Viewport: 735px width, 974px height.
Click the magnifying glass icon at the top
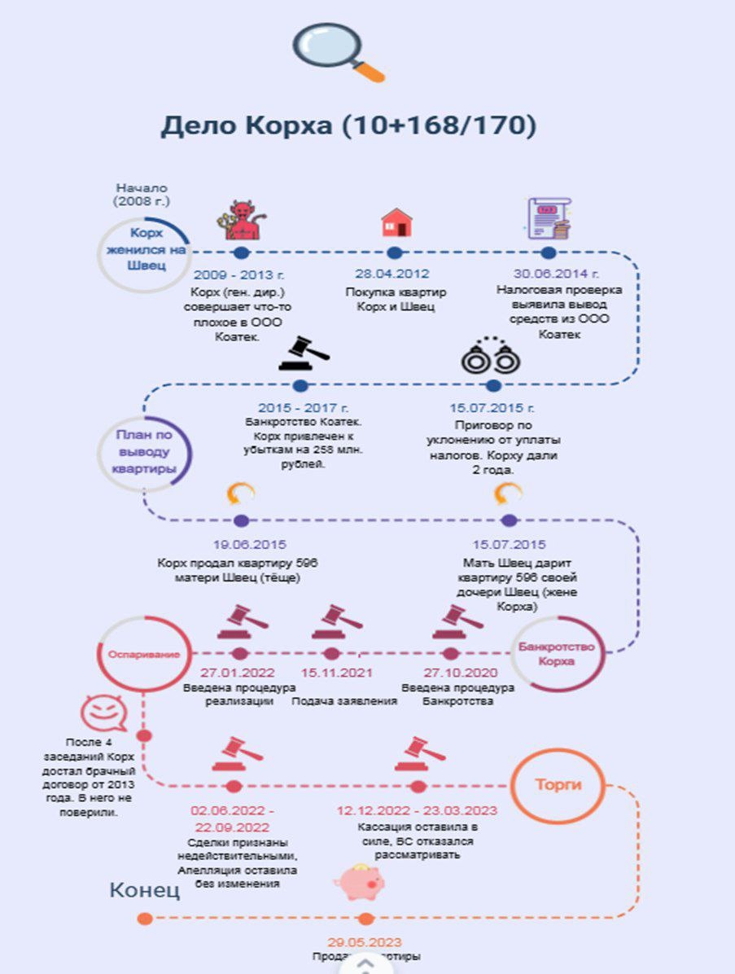(338, 51)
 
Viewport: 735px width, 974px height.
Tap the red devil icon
(240, 220)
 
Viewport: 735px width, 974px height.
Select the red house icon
(396, 222)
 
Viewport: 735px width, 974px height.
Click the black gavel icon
(303, 353)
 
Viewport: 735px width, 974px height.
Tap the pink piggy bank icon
(359, 882)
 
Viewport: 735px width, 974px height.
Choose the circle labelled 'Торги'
(558, 786)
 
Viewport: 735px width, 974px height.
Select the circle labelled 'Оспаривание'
(144, 654)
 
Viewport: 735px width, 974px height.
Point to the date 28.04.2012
(392, 274)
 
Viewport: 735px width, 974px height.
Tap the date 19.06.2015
(238, 544)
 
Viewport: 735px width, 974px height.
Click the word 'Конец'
(145, 889)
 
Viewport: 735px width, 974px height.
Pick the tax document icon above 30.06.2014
(549, 219)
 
